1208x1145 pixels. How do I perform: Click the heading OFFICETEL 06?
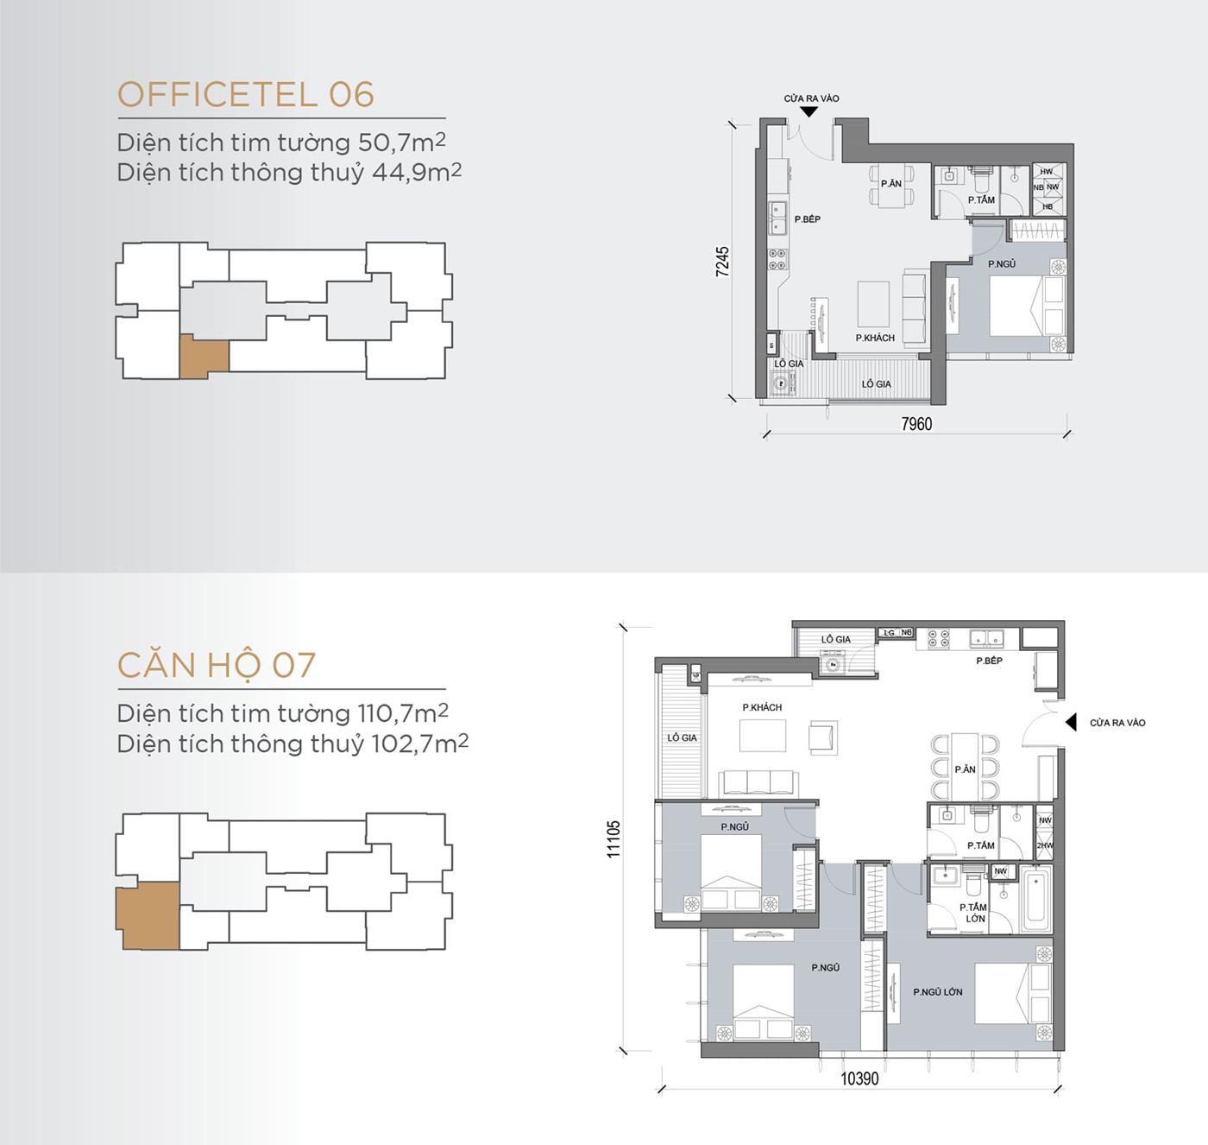246,95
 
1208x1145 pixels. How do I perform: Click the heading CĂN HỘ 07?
217,665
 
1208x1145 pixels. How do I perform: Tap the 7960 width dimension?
916,424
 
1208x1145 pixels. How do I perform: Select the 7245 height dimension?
723,262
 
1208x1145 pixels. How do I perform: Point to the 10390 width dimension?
859,1079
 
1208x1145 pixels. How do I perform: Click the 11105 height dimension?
613,838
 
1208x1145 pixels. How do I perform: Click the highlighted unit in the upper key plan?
204,357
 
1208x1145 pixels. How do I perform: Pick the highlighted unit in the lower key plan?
148,915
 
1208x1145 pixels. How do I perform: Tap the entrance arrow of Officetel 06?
809,111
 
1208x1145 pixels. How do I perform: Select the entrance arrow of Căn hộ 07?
1071,722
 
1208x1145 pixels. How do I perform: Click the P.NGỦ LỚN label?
937,992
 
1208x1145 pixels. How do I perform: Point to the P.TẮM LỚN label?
973,913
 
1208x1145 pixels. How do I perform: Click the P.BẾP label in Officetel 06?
808,219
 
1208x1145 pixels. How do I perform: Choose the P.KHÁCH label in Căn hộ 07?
762,707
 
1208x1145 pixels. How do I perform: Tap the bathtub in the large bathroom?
1035,901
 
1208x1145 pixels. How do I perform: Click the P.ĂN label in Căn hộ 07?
965,769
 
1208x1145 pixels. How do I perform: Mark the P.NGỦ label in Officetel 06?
1002,264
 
